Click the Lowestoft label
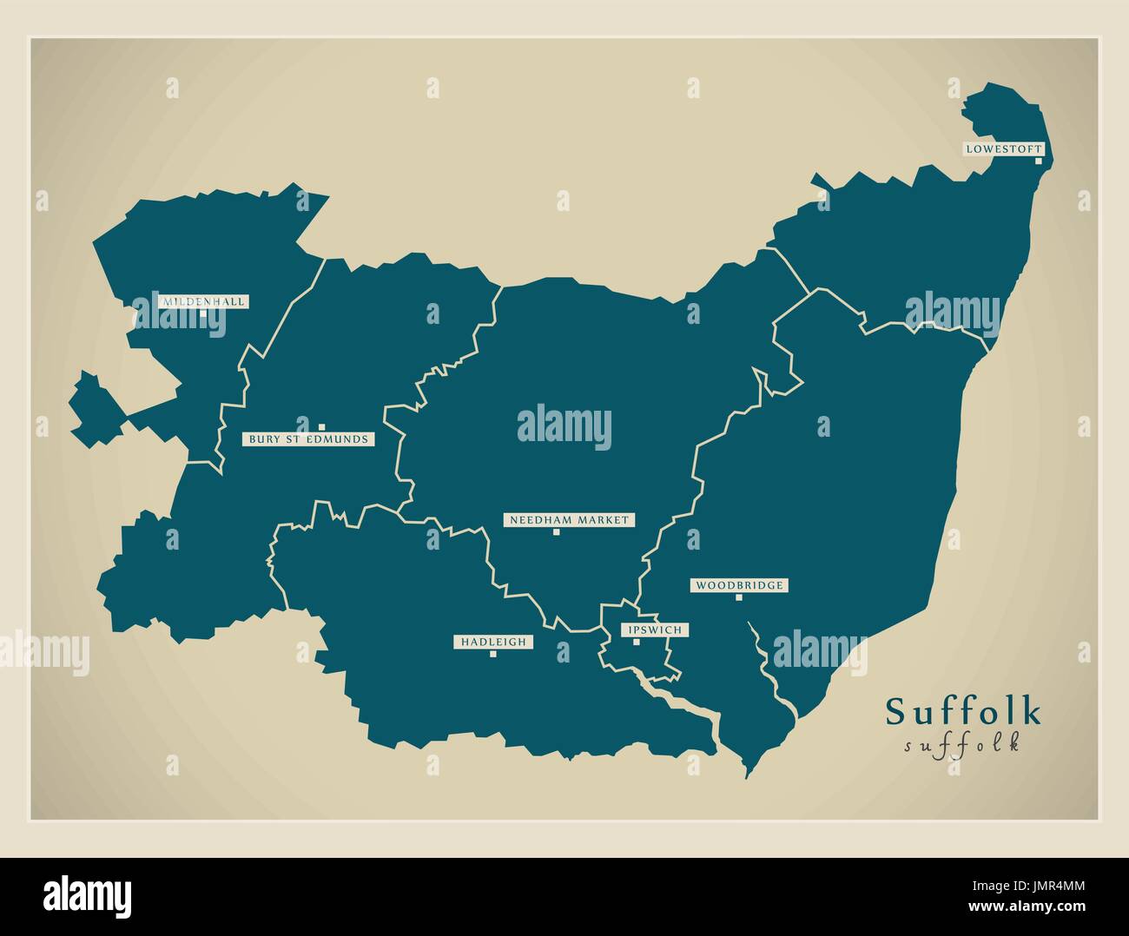tap(1003, 149)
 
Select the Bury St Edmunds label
tap(308, 439)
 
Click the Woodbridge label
tap(739, 585)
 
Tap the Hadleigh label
tap(493, 642)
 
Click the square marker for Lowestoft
tap(1038, 161)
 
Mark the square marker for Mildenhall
tap(203, 313)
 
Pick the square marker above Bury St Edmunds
tap(321, 426)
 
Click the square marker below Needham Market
tap(556, 532)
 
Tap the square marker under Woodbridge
tap(739, 597)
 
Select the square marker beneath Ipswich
tap(636, 642)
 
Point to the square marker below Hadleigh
tap(492, 654)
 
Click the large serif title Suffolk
tap(963, 711)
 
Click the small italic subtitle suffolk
tap(962, 745)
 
